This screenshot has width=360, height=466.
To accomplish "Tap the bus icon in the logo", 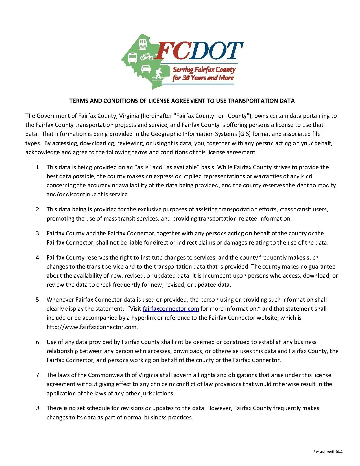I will [x=132, y=58].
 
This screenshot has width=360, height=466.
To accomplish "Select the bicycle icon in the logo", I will [x=147, y=56].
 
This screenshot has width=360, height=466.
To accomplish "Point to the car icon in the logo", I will [x=146, y=69].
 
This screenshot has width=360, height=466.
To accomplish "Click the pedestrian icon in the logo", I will [x=159, y=74].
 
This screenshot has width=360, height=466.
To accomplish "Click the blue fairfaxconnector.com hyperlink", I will [x=171, y=309].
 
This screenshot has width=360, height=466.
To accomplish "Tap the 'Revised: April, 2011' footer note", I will [x=328, y=452].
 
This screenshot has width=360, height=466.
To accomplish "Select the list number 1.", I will [x=38, y=167].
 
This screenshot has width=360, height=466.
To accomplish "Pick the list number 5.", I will [x=38, y=300].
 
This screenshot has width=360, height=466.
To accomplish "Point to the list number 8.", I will [x=38, y=408].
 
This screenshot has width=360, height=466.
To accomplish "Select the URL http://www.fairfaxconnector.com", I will [x=92, y=327].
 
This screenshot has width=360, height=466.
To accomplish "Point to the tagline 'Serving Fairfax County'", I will [x=204, y=69].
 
